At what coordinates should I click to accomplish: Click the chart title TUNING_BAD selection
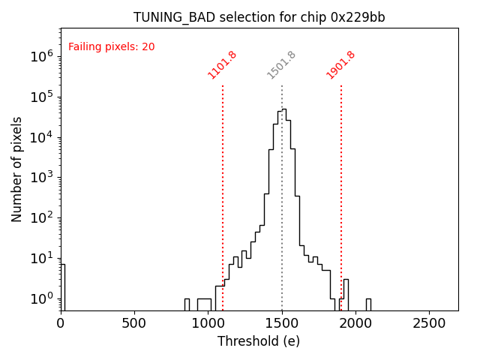pos(259,17)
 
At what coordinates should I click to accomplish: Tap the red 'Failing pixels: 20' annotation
pos(111,47)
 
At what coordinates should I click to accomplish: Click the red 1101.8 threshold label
pos(223,64)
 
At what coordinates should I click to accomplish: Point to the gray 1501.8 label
pos(282,64)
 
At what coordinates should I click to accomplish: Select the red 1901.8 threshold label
pos(340,64)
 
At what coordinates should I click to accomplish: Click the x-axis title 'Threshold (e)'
pos(259,341)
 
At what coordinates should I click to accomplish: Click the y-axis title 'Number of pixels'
pos(17,169)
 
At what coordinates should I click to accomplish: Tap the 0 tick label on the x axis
pos(61,323)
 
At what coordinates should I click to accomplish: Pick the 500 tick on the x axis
pos(134,323)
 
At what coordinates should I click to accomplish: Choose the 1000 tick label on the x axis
pos(208,323)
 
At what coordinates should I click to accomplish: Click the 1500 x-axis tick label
pos(282,323)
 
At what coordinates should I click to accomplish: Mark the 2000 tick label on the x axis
pos(355,323)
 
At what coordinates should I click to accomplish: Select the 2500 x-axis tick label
pos(429,323)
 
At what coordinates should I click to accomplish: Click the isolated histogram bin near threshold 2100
pos(368,304)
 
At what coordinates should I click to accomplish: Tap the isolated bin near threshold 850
pos(187,304)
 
